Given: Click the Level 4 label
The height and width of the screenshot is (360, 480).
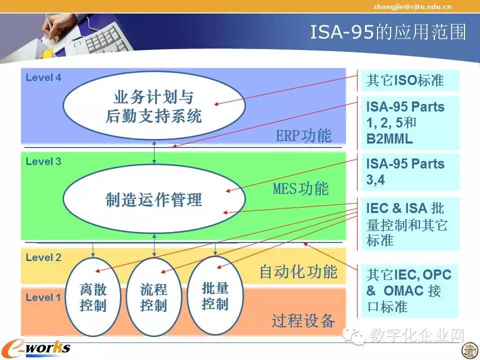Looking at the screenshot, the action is (43, 77).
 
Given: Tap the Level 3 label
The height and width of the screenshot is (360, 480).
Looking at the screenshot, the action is (43, 161).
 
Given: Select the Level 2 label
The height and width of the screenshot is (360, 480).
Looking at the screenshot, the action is (43, 257).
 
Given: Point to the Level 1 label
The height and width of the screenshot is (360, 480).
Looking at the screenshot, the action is (43, 297).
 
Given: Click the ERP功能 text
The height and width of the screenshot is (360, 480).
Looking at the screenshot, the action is (303, 135).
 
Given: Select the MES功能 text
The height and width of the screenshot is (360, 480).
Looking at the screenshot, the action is (301, 188).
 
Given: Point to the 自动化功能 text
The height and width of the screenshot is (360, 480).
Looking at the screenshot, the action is (298, 272).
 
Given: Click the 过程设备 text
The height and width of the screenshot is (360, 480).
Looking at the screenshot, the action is (303, 321).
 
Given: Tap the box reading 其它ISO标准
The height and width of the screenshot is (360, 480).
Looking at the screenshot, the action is (410, 80).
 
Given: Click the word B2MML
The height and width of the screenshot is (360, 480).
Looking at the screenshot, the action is (389, 139).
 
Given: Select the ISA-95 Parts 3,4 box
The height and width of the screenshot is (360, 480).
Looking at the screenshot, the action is (410, 171).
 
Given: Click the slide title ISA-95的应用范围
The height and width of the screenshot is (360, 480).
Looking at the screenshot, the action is (388, 32).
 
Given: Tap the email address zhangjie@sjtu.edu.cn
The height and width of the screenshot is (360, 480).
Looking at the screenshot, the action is (412, 6).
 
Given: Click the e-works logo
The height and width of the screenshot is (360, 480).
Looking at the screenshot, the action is (36, 348).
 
